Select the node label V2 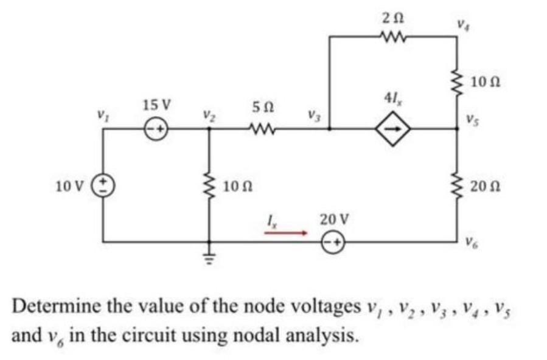coord(208,114)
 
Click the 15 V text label coord(156,104)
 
